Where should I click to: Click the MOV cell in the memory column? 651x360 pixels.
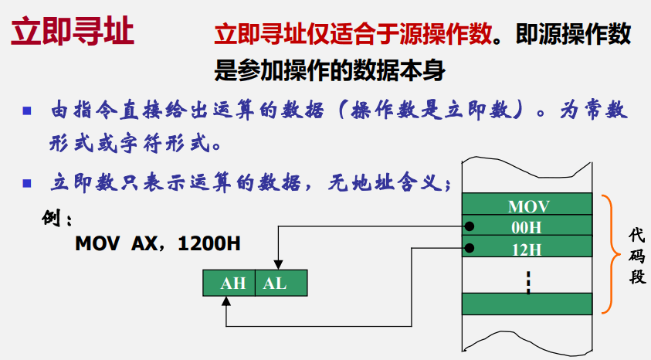(527, 206)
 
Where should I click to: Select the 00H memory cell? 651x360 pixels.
(527, 227)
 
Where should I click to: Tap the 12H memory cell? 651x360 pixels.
(527, 249)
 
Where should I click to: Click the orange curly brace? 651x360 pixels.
(608, 254)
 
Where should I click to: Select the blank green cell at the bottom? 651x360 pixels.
(527, 303)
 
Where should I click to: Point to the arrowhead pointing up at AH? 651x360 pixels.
(225, 302)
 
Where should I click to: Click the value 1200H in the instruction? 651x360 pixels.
(209, 243)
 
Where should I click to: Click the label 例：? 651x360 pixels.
(57, 219)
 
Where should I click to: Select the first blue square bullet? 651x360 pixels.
(27, 110)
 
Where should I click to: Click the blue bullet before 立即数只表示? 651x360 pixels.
(27, 183)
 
